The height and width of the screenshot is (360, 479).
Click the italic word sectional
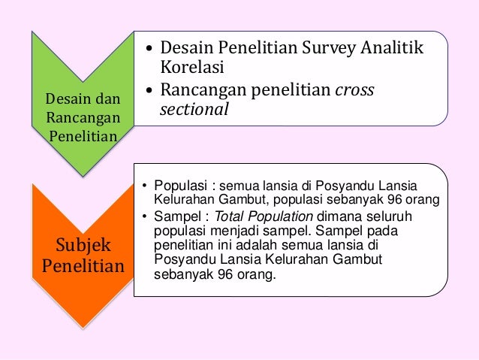pyautogui.click(x=194, y=110)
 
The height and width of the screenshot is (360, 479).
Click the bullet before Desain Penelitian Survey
pyautogui.click(x=148, y=50)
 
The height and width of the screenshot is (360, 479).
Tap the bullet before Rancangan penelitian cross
pyautogui.click(x=148, y=91)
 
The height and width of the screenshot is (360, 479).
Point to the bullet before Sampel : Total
pyautogui.click(x=145, y=218)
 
